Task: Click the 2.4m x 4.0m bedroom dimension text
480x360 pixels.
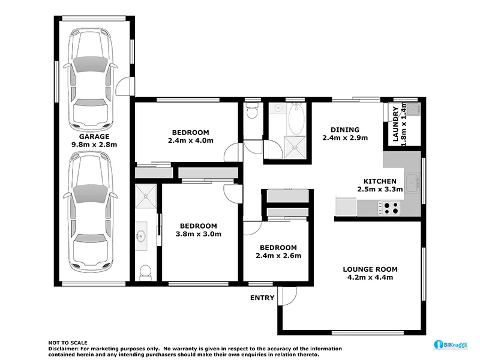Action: click(190, 141)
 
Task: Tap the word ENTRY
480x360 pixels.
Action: click(262, 298)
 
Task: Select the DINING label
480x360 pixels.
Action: click(345, 130)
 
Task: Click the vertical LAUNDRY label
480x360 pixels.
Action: click(395, 124)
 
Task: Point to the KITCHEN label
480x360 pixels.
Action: click(379, 181)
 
